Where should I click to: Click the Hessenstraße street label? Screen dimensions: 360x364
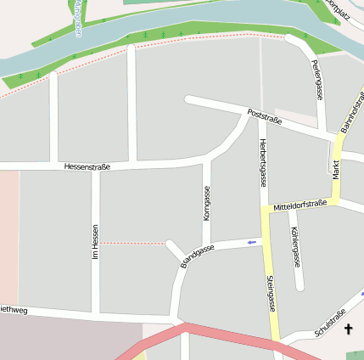pos(87,166)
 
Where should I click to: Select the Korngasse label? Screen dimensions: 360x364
pos(207,204)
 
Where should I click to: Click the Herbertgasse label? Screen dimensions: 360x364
pos(264,161)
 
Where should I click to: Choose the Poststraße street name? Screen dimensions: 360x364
pos(264,116)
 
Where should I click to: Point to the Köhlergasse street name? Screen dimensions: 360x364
pos(295,247)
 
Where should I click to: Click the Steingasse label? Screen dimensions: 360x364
pos(270,294)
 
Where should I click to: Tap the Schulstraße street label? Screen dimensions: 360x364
pos(331,323)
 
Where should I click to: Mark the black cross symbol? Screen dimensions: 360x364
pos(348,329)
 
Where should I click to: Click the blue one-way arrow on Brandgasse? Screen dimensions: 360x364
pos(250,242)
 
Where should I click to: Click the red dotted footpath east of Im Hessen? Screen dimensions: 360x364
pos(132,243)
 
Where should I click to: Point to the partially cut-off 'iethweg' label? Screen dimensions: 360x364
pos(14,311)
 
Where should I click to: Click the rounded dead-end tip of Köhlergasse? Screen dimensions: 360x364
pos(300,287)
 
